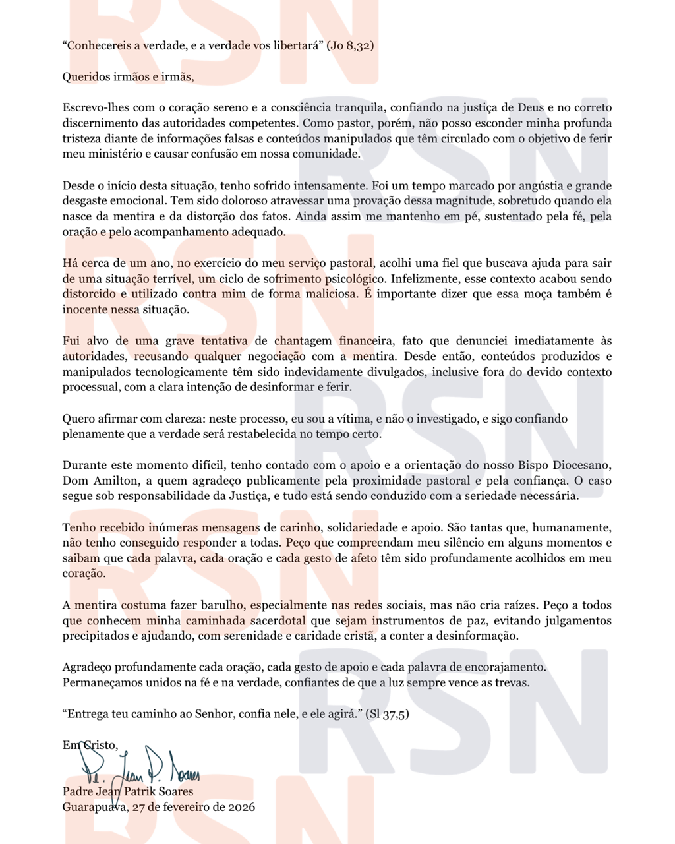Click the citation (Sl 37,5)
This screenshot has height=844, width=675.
pos(387,713)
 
